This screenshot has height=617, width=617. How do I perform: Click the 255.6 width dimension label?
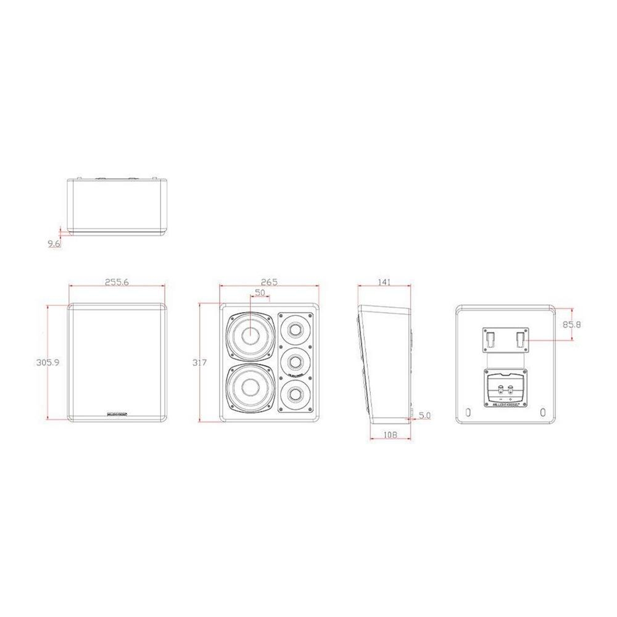117,282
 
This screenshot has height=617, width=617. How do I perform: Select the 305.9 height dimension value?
48,362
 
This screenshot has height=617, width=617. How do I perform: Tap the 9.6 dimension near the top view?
54,244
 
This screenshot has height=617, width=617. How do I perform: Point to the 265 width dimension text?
269,282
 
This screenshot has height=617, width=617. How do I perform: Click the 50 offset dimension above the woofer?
260,292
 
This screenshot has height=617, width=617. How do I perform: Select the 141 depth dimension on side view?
384,282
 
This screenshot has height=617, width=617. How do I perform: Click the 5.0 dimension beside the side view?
424,416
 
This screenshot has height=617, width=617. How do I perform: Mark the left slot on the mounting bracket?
491,338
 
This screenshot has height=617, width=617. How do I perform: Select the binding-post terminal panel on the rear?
506,389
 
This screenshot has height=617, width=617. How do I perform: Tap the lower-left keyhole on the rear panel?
468,412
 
